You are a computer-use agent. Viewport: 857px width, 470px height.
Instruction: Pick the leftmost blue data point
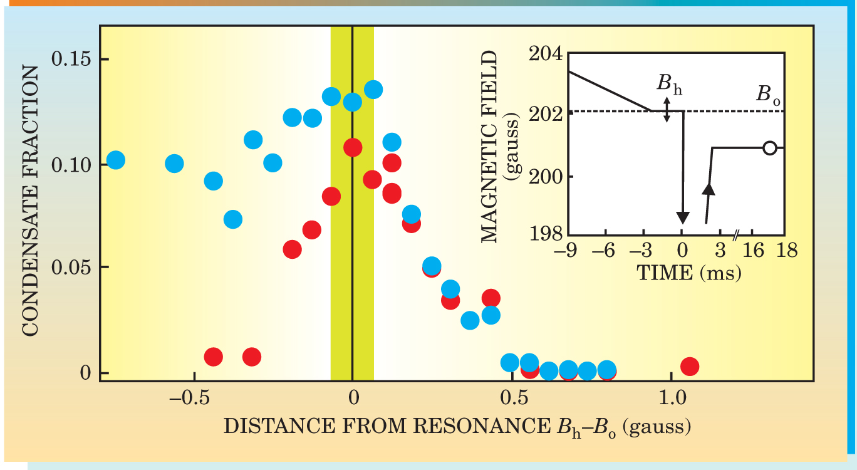115,160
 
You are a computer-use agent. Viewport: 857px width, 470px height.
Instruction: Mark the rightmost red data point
690,367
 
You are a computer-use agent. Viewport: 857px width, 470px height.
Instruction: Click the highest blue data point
373,90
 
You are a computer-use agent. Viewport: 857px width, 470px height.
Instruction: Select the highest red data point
353,147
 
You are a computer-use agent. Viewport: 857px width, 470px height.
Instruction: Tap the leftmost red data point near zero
214,357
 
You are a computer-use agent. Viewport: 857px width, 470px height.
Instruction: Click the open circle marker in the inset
771,148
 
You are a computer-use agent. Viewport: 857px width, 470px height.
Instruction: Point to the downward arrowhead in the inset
683,217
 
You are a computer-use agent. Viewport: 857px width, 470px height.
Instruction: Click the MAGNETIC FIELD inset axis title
492,147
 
